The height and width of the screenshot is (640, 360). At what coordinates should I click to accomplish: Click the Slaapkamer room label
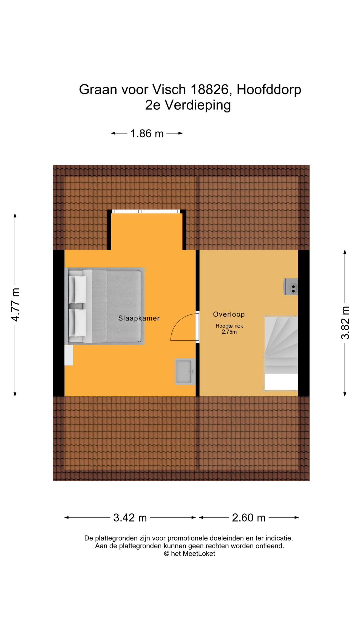pyautogui.click(x=139, y=318)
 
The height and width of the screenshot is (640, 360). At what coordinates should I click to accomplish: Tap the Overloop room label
pyautogui.click(x=229, y=314)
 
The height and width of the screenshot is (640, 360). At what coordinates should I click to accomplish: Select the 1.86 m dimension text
pyautogui.click(x=147, y=134)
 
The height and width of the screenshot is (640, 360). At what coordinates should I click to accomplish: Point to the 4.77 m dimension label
pyautogui.click(x=16, y=305)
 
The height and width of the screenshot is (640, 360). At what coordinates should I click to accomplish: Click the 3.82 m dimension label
pyautogui.click(x=345, y=323)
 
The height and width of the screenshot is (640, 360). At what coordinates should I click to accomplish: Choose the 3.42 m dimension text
pyautogui.click(x=130, y=518)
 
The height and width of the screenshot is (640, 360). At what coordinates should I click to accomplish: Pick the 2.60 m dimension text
pyautogui.click(x=249, y=518)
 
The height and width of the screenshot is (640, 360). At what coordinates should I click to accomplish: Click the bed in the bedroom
pyautogui.click(x=104, y=306)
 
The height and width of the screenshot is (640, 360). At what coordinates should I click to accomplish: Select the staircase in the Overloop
pyautogui.click(x=281, y=353)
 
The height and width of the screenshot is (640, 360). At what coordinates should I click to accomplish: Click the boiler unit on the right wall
pyautogui.click(x=291, y=287)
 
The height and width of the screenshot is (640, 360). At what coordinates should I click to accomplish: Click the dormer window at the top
pyautogui.click(x=146, y=211)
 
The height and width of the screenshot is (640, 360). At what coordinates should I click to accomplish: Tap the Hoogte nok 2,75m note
pyautogui.click(x=229, y=329)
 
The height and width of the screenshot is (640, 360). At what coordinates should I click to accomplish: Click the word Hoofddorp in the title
pyautogui.click(x=269, y=89)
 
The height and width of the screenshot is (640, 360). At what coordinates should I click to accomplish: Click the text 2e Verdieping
pyautogui.click(x=188, y=105)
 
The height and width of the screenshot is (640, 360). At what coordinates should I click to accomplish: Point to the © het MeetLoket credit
pyautogui.click(x=189, y=554)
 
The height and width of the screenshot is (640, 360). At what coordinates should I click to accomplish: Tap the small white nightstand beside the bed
pyautogui.click(x=69, y=355)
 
